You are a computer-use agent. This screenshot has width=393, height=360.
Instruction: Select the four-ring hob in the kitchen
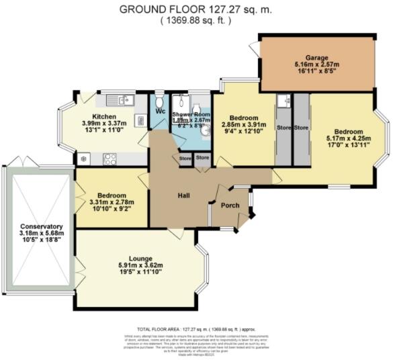(x=110, y=159)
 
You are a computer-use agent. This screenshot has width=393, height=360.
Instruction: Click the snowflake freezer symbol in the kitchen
(x=85, y=159)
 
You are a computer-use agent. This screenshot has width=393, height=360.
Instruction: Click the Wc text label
(x=161, y=111)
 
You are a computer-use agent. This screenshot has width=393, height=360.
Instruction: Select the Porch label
(x=230, y=206)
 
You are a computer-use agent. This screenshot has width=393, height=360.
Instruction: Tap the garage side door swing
(x=253, y=48)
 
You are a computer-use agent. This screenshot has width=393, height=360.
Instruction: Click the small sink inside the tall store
(x=283, y=101)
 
